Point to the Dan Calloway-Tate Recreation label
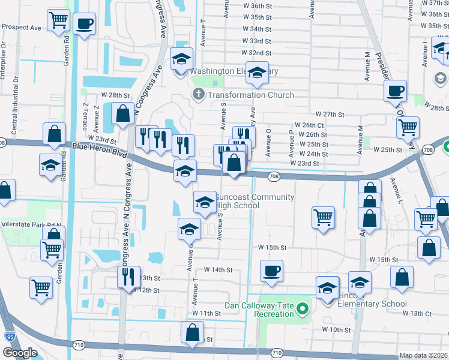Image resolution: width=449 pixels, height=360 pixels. point(259,310)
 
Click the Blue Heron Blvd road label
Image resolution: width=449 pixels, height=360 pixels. point(94,149)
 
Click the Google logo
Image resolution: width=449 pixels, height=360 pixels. point(19,353)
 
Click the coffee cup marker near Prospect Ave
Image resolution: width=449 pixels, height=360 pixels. point(83,25)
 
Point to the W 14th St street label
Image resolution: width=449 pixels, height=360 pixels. point(218,270)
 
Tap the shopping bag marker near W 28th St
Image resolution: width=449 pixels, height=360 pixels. point(123,113)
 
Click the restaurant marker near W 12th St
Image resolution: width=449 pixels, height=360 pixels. point(128,277)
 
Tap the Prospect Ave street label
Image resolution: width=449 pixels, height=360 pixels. point(21,27)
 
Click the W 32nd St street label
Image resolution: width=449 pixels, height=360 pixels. point(260,53)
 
